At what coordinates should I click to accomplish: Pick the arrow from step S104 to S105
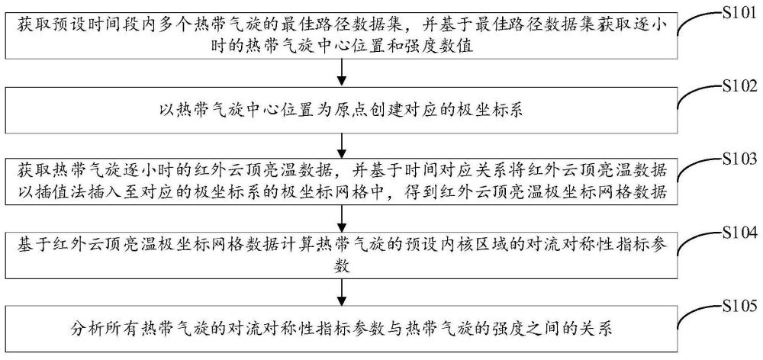(343, 293)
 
